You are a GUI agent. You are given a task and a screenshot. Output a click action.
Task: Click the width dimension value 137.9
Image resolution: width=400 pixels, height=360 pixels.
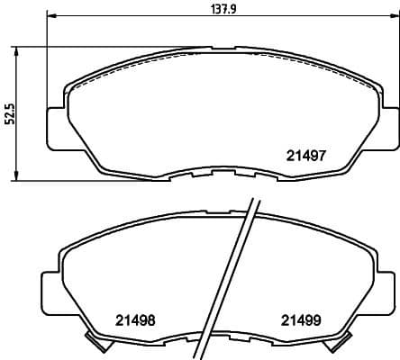click(219, 9)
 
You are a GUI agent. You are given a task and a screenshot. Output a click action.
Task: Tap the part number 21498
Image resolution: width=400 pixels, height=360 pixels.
click(136, 319)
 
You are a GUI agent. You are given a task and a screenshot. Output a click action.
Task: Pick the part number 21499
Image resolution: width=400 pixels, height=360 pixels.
click(300, 319)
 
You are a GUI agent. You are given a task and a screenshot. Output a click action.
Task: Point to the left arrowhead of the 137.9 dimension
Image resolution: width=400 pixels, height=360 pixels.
click(51, 17)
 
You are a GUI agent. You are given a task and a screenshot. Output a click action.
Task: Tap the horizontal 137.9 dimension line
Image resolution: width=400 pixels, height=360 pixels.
click(135, 17)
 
